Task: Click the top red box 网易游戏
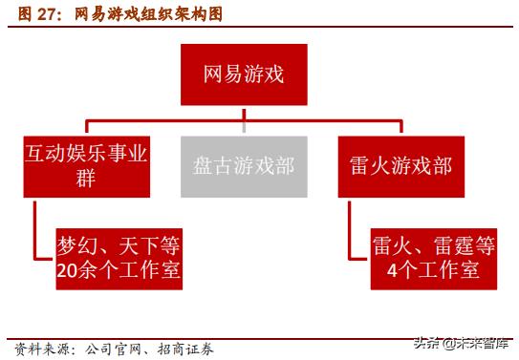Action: coord(244,74)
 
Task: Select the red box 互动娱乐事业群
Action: coord(86,165)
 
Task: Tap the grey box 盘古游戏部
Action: coord(244,165)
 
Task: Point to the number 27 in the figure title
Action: coord(40,15)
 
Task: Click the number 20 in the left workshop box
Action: coord(68,272)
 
